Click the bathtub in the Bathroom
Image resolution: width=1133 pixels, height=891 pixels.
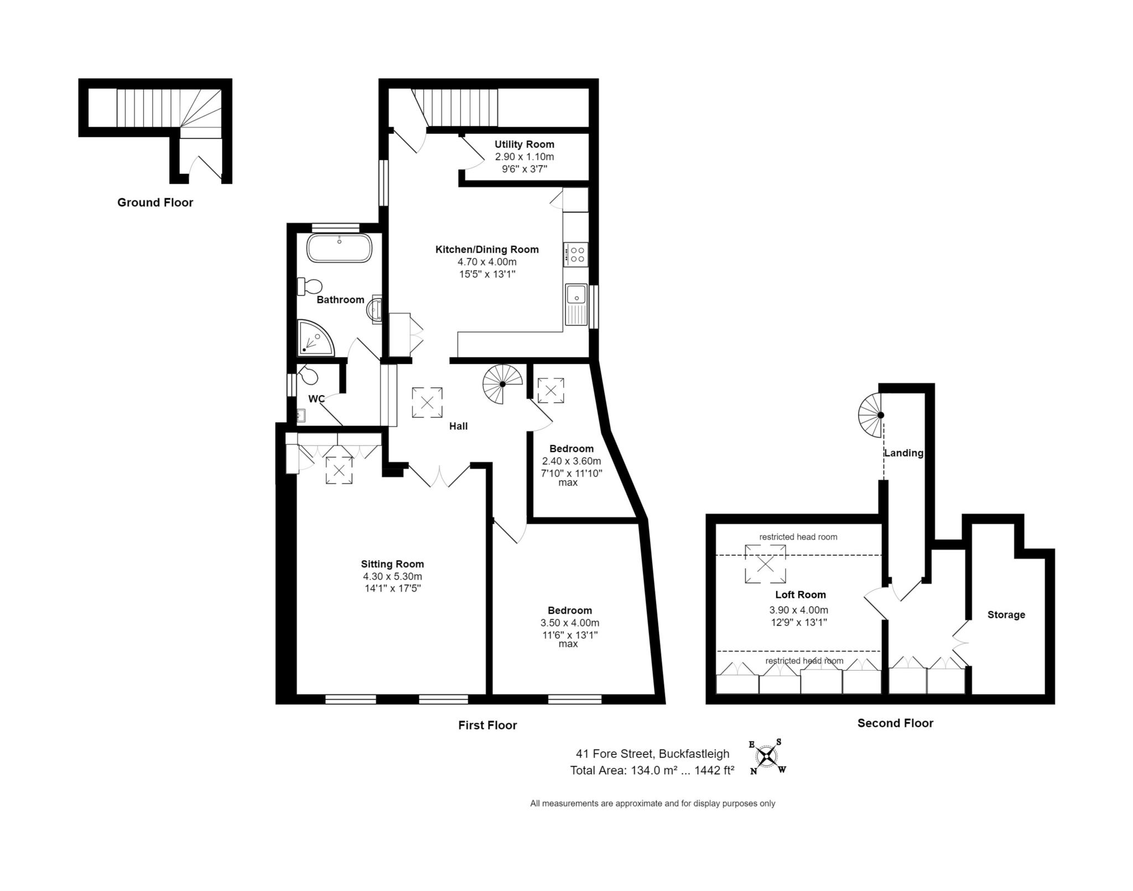339,248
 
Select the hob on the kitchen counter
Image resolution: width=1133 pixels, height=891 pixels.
576,255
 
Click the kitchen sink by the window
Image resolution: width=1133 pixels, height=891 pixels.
576,304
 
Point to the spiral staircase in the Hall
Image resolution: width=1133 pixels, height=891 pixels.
502,384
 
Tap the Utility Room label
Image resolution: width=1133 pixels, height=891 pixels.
524,144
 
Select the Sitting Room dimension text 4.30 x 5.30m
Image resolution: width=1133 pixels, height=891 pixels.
392,576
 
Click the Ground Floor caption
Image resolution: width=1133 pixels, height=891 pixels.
155,203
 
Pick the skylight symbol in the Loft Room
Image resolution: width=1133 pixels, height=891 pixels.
765,564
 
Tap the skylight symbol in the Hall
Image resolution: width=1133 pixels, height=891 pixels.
427,402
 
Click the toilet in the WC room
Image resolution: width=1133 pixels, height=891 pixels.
308,376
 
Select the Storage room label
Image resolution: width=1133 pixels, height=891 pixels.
1006,615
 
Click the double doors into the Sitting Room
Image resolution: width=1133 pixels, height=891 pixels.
439,476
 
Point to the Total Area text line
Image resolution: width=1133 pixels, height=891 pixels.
652,770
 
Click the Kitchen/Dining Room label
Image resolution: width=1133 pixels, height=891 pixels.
487,250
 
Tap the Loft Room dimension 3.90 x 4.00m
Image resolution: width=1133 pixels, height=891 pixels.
798,610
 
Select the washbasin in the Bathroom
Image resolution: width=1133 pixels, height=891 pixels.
375,309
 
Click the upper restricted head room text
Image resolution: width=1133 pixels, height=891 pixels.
798,537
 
